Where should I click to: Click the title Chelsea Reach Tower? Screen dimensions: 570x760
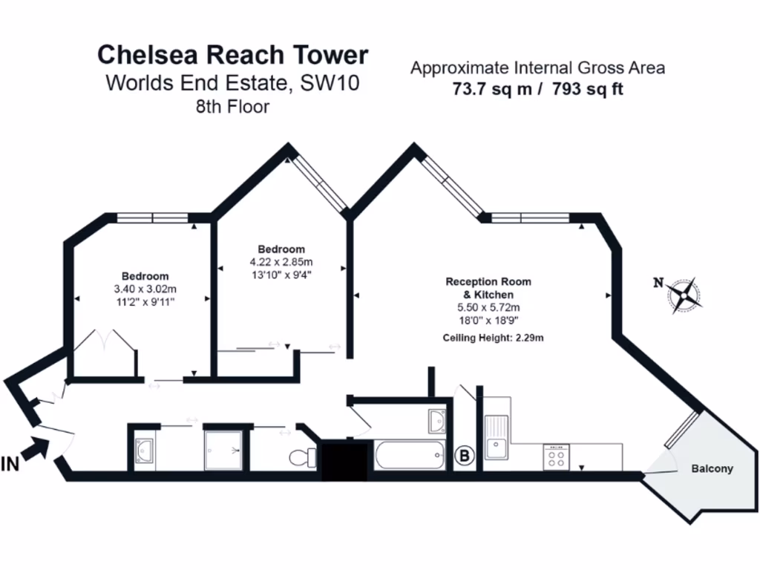tap(232, 55)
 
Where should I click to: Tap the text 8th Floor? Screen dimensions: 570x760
tap(232, 106)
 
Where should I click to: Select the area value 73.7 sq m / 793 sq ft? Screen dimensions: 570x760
tap(537, 89)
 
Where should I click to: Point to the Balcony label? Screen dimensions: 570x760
tap(712, 468)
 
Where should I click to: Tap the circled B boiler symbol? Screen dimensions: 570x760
tap(465, 456)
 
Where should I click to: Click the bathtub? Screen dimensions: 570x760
tap(410, 455)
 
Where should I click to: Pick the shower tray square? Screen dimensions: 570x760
tap(223, 449)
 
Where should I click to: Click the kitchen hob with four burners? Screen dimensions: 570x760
tap(557, 457)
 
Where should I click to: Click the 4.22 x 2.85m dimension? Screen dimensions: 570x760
tap(281, 262)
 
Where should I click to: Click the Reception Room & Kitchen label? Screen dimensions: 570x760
tap(488, 288)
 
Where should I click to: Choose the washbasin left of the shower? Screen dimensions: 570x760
tap(144, 450)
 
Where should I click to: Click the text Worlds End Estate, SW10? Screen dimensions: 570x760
tap(232, 83)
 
